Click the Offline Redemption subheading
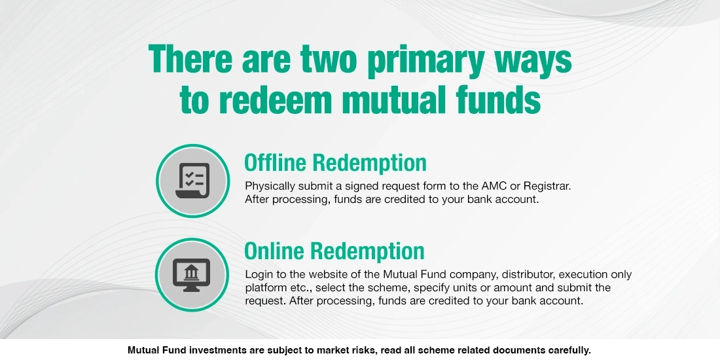[334, 162]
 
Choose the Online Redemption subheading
[334, 251]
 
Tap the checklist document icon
[192, 181]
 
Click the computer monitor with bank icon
[191, 274]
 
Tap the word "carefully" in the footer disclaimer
[569, 350]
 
